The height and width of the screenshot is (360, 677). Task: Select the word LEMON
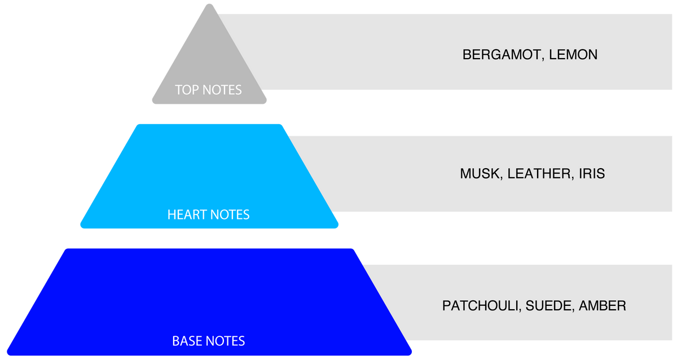click(x=573, y=55)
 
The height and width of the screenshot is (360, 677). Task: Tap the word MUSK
click(x=481, y=174)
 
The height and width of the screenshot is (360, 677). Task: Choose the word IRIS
click(x=592, y=174)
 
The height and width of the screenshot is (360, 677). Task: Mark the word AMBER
click(x=603, y=306)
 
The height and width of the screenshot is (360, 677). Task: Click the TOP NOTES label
click(x=208, y=90)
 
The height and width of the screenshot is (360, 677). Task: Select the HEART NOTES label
click(x=209, y=214)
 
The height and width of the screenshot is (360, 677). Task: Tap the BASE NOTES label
click(x=209, y=341)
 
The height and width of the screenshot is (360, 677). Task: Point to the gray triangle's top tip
click(x=209, y=4)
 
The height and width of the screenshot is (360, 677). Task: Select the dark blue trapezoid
click(x=209, y=302)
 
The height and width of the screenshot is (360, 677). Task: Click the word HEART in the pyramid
click(x=187, y=214)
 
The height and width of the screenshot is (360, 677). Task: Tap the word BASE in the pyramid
click(x=187, y=341)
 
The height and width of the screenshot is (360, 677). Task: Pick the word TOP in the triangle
click(x=187, y=90)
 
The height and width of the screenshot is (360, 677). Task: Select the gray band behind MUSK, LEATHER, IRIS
click(x=483, y=151)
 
